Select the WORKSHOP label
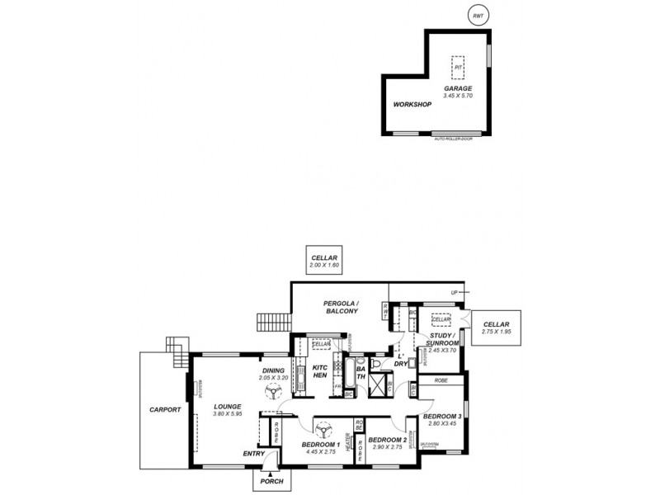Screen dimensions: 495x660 point(412,106)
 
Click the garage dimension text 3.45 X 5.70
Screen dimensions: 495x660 point(458,96)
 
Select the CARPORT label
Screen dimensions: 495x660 point(164,409)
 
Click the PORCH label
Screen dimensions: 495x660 point(271,481)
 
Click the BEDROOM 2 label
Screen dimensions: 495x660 point(387,440)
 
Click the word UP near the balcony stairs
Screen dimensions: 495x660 point(454,293)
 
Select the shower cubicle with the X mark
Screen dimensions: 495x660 point(380,387)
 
